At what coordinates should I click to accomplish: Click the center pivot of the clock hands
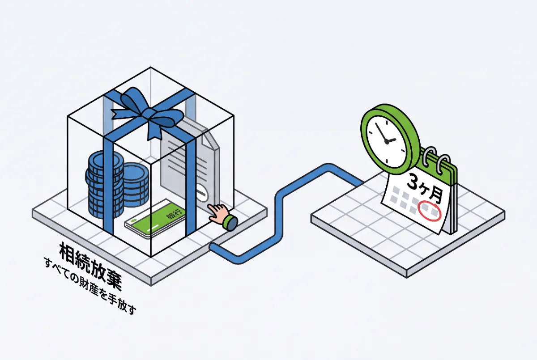[x=387, y=142]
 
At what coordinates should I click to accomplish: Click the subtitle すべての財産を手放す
[x=90, y=286]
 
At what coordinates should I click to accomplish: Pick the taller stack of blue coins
[x=103, y=184]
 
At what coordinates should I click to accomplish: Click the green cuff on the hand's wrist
[x=230, y=223]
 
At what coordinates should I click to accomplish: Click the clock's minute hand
[x=381, y=132]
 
